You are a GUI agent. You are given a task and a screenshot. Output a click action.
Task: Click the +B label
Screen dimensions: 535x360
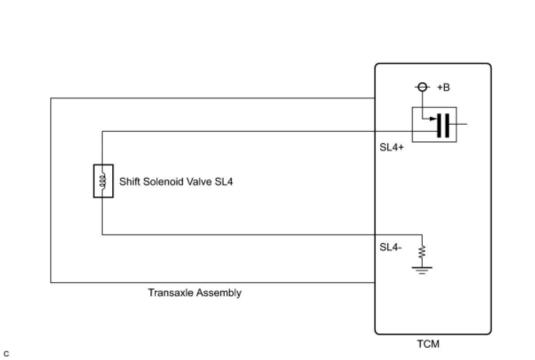pos(443,88)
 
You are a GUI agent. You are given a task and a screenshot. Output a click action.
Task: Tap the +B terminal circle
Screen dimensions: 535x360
pos(422,87)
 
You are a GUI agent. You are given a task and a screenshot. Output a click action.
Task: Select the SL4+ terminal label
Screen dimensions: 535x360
pos(392,147)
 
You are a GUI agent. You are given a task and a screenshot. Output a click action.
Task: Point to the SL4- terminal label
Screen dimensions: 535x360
pos(390,247)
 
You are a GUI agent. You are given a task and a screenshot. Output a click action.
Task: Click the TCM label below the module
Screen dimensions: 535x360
pos(428,344)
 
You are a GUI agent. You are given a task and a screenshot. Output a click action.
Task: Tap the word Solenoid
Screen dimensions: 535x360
pos(163,182)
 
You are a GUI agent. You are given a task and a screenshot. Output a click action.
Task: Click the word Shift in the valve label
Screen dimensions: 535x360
pos(130,182)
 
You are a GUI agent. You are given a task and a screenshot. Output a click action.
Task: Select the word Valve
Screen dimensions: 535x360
pos(199,182)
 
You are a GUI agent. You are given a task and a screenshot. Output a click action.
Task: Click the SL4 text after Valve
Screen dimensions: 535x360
pos(224,182)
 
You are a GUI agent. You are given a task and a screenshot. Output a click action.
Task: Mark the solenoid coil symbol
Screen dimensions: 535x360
pos(103,181)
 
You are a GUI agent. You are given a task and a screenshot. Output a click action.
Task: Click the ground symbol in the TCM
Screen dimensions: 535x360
pos(422,270)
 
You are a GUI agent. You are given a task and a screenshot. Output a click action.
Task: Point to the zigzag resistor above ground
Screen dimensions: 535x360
pos(422,251)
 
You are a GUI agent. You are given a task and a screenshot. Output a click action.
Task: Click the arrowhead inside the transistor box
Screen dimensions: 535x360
pos(433,119)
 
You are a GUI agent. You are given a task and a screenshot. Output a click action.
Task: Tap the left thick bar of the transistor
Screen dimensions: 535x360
pos(439,126)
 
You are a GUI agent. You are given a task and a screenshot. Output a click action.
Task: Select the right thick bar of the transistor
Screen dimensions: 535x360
pos(447,126)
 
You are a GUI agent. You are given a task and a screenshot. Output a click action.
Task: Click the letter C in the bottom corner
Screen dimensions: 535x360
pos(6,354)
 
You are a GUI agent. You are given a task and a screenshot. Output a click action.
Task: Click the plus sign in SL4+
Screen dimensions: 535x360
pos(401,147)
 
